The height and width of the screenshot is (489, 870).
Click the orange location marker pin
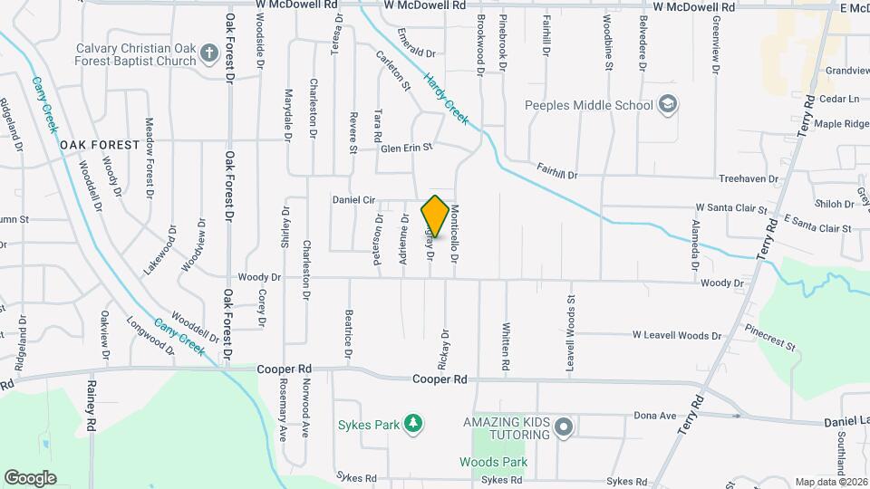tap(435, 216)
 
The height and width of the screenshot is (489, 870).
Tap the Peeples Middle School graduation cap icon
tap(667, 105)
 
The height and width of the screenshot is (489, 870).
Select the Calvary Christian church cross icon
tap(209, 53)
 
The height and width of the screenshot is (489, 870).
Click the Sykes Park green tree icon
tap(413, 422)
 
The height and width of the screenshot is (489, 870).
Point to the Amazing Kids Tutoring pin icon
tap(565, 426)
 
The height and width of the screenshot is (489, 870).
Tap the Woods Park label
tap(494, 463)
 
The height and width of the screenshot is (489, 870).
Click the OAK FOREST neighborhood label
tap(100, 145)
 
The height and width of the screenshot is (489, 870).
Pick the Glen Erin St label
tap(407, 147)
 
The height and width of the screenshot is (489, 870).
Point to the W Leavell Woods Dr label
tap(677, 336)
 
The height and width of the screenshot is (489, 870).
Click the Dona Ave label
tap(655, 416)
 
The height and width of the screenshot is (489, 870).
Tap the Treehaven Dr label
tap(748, 179)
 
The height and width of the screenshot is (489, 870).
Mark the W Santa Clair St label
tap(730, 208)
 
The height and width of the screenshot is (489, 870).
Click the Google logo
tap(30, 477)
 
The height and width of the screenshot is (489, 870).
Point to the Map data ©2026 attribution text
tap(831, 482)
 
